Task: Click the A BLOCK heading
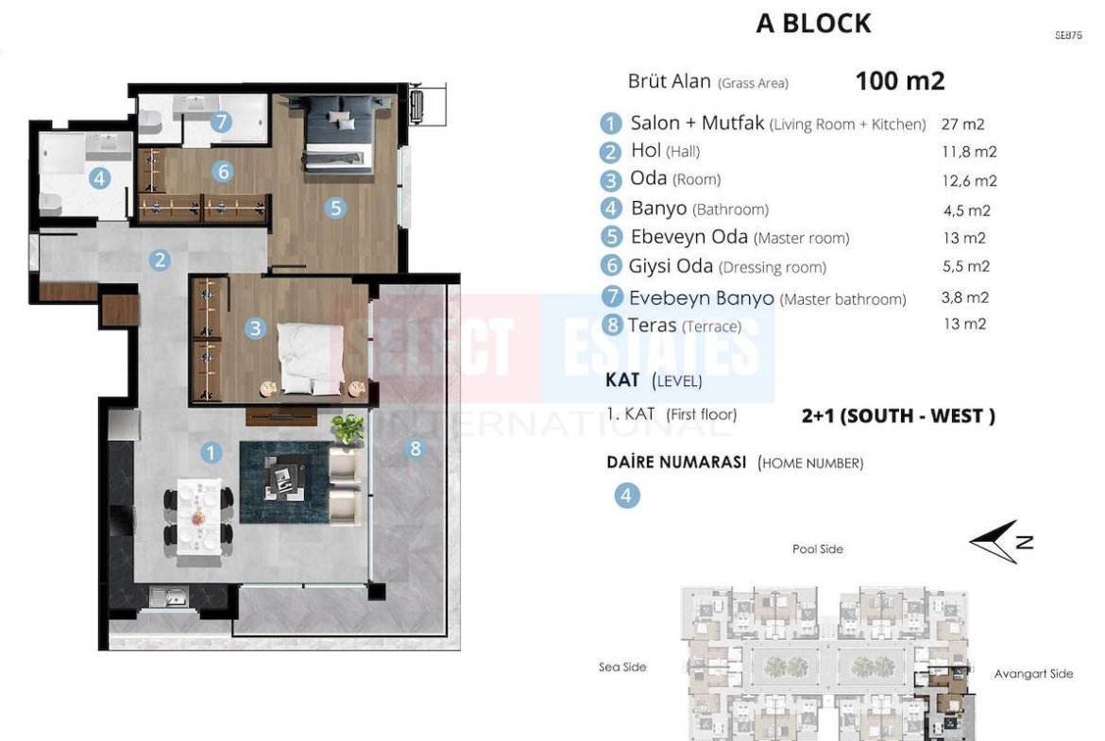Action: (x=813, y=24)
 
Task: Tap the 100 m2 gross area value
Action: (x=899, y=81)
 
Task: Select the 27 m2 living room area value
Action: (x=962, y=124)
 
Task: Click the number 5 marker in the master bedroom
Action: (x=335, y=208)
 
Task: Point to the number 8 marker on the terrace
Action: (x=415, y=448)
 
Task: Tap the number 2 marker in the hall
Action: (x=160, y=260)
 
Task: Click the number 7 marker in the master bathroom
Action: (x=221, y=121)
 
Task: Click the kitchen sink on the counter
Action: (x=168, y=598)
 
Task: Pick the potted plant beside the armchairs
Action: (x=348, y=429)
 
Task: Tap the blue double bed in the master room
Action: (x=338, y=133)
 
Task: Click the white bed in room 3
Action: (x=311, y=359)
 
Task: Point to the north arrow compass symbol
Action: (x=999, y=542)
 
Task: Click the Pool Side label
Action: (x=818, y=548)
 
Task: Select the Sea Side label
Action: (x=622, y=667)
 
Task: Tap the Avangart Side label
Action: (x=1033, y=674)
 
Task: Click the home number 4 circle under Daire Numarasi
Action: (x=626, y=496)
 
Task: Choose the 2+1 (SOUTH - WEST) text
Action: (x=898, y=416)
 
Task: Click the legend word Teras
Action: (x=652, y=325)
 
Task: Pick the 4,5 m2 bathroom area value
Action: (x=967, y=210)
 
